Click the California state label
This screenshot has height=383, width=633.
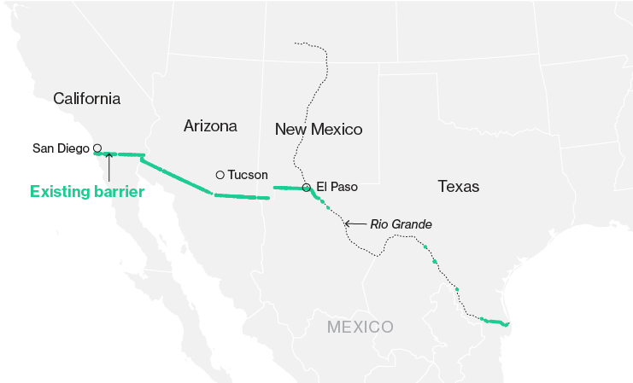tap(86, 98)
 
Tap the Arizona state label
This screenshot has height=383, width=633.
tap(210, 126)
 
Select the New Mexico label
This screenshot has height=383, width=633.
tap(319, 130)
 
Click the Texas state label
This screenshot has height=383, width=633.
tap(458, 186)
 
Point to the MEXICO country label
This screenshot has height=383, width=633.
tap(360, 327)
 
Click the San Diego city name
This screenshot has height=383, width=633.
tap(61, 148)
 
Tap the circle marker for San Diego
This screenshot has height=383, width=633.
tap(97, 148)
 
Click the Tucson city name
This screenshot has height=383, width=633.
tap(247, 175)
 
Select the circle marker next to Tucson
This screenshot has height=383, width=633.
tap(220, 175)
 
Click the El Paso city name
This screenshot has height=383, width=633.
tap(337, 187)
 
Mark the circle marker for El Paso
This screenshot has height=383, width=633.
tap(307, 188)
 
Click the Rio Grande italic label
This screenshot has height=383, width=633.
tap(401, 224)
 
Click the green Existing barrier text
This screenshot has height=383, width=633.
tap(86, 192)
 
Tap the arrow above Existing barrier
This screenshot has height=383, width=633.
tap(108, 165)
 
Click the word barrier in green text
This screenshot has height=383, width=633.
tap(116, 192)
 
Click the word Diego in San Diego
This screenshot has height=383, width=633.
tap(73, 148)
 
